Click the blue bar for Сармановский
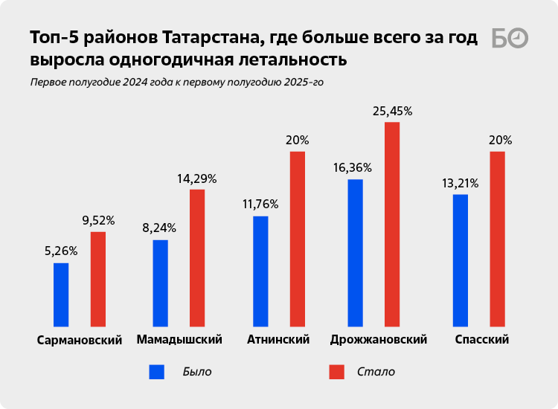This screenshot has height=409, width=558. point(61,294)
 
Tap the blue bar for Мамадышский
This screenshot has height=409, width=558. point(160,283)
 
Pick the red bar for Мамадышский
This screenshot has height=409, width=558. point(197,258)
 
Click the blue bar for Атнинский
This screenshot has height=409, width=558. point(260,271)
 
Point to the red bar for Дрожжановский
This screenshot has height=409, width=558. point(392,224)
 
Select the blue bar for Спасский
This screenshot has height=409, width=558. point(461,260)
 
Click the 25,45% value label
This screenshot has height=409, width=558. point(392,111)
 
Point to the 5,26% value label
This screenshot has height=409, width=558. point(61,251)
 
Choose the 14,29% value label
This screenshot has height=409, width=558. point(197,178)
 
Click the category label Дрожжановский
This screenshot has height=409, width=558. point(378,340)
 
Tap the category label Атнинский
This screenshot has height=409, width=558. point(278,340)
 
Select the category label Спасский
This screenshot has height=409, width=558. point(481,340)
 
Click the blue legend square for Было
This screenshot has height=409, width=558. point(156,371)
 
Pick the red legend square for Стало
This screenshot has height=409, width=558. point(336,371)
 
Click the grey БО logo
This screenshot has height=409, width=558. point(510,39)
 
